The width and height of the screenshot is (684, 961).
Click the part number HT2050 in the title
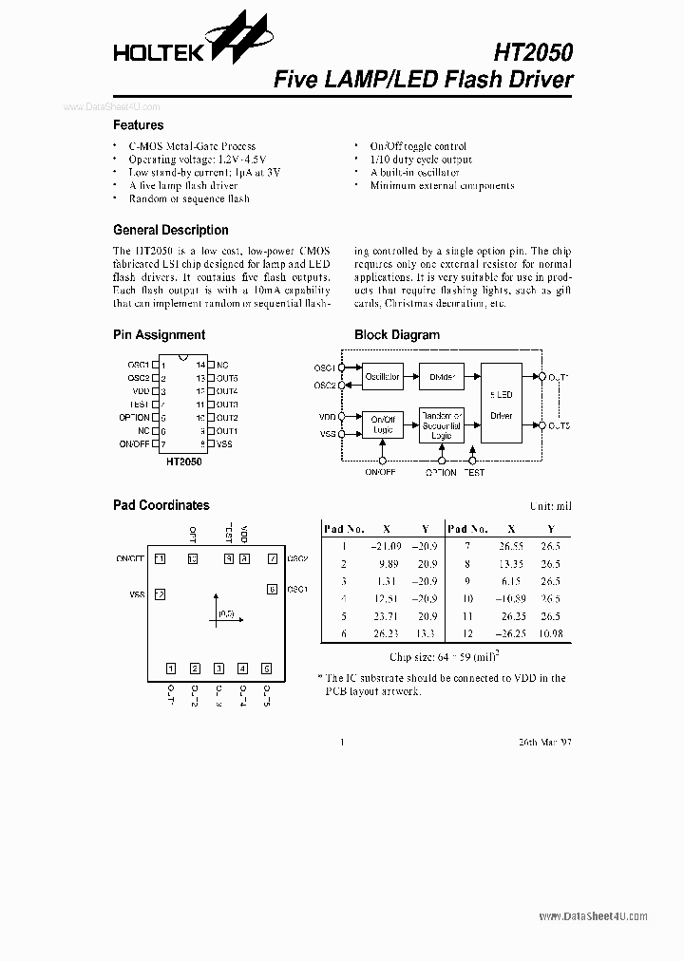pos(533,51)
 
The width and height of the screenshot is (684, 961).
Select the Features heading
pos(138,125)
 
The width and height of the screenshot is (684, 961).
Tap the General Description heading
pos(170,230)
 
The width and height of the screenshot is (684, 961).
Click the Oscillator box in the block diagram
pos(382,377)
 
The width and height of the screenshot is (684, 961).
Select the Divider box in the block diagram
pos(442,377)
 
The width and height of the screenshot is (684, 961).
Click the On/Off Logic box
pos(382,424)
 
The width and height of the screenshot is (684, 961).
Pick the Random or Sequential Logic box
pos(442,424)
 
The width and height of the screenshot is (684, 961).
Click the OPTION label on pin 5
pos(134,418)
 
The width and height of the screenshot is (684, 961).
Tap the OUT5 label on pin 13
pos(226,378)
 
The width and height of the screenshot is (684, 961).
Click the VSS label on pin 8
pos(224,444)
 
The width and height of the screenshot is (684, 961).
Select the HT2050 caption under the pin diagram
pos(183,462)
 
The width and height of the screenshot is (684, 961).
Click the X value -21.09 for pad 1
pos(385,547)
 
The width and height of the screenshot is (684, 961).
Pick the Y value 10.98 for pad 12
pos(550,633)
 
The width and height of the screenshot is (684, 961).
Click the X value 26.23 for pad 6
pos(386,633)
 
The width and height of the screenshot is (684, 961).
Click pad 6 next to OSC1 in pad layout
pos(272,590)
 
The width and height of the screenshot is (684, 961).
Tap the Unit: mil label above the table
pos(550,506)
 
